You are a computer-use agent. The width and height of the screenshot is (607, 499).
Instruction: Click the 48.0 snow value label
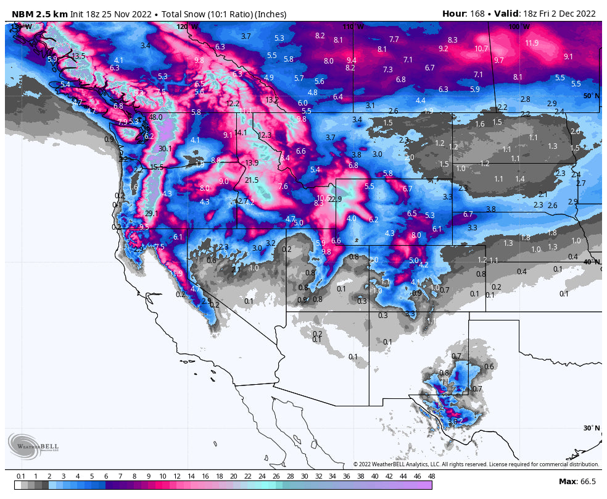(x=155, y=117)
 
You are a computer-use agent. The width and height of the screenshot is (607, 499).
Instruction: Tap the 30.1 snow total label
(x=165, y=149)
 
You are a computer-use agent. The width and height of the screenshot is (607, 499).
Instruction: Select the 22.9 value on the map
(x=335, y=199)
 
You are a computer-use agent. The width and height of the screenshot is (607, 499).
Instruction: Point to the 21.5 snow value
(x=252, y=180)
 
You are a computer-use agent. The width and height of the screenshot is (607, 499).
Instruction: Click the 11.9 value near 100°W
(x=532, y=43)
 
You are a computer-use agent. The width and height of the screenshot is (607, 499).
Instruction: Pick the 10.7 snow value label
(x=482, y=49)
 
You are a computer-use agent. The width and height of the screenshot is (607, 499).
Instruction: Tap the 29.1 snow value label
(x=152, y=214)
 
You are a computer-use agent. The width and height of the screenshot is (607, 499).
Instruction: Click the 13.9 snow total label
(x=252, y=163)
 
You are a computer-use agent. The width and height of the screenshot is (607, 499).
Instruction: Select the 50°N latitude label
(x=591, y=96)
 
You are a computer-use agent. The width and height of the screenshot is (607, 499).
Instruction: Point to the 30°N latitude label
(x=591, y=428)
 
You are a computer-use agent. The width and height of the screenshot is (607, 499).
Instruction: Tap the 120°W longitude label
(x=188, y=27)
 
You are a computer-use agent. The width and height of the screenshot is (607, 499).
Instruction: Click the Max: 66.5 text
(x=577, y=481)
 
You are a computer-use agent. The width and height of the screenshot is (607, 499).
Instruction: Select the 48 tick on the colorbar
(x=431, y=476)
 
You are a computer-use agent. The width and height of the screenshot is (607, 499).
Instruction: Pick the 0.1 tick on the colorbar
(x=21, y=476)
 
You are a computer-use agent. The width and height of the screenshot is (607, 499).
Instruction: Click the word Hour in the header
(x=453, y=14)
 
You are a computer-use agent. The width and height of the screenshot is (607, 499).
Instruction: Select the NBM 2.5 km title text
(x=36, y=14)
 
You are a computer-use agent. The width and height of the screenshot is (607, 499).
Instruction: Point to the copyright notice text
(x=476, y=464)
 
